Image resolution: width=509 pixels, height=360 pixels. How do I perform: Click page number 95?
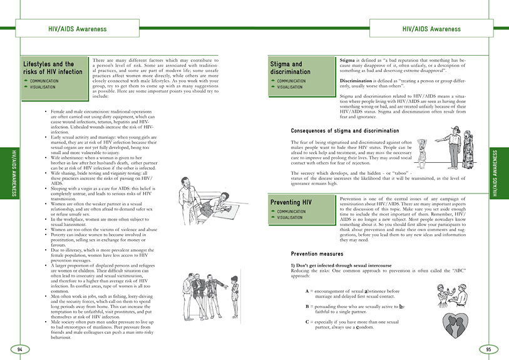point(488,348)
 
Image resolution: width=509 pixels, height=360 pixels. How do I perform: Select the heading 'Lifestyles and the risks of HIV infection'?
point(53,68)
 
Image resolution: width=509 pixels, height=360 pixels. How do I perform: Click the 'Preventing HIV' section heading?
point(292,203)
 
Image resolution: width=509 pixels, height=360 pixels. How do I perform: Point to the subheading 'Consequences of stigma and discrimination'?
point(345,131)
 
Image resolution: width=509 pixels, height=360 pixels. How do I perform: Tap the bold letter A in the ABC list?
point(307,292)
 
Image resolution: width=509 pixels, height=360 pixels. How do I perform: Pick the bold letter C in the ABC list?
point(307,322)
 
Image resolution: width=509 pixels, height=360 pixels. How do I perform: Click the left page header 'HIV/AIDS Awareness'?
point(77,29)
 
